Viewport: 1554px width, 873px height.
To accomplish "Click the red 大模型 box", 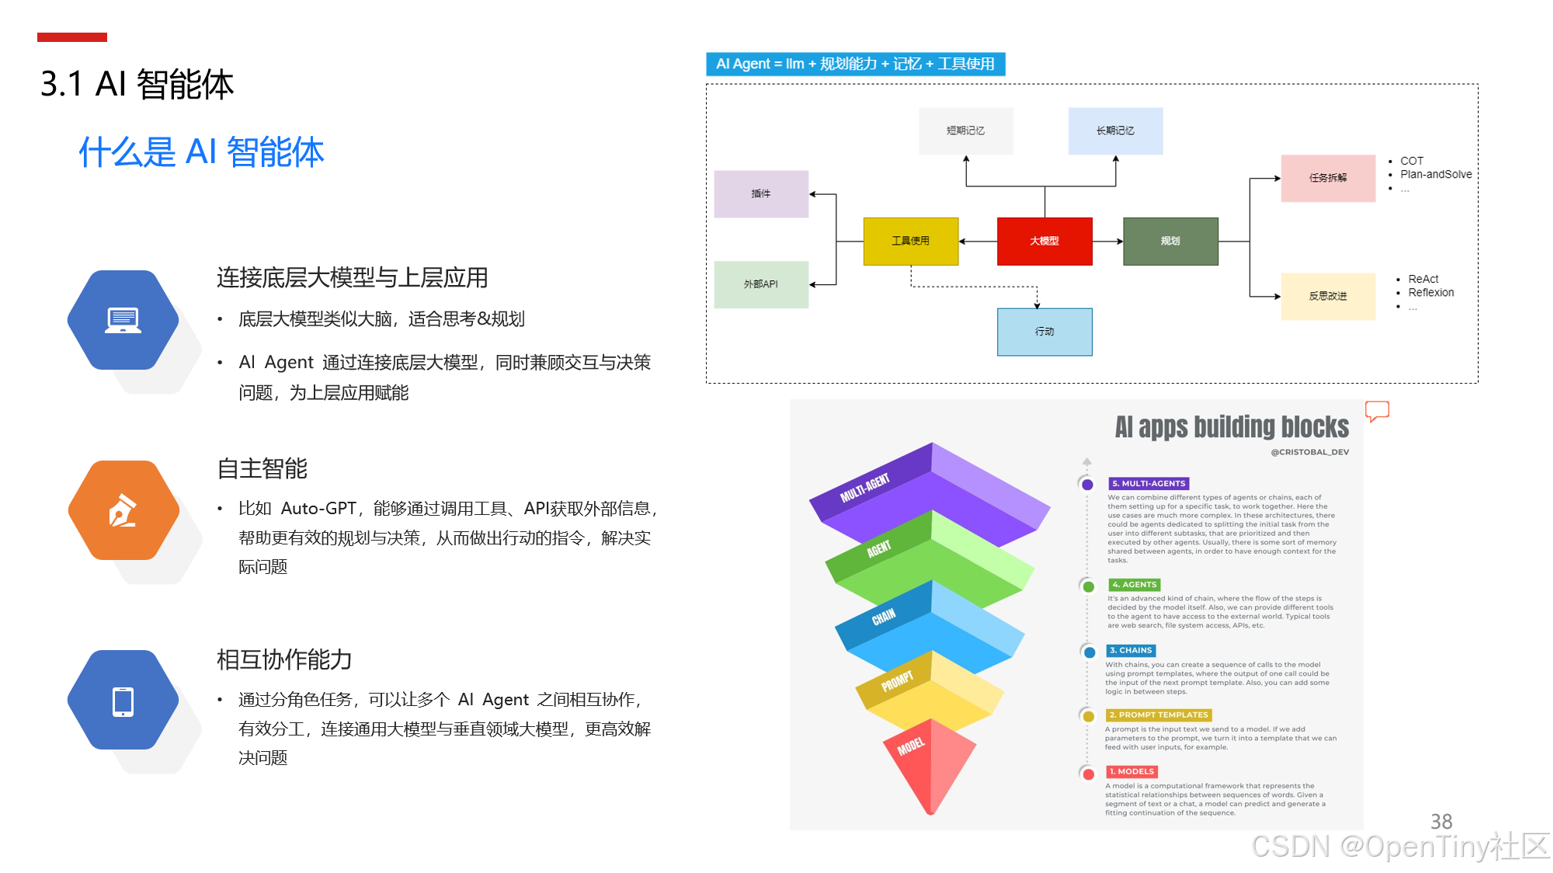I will pos(1045,242).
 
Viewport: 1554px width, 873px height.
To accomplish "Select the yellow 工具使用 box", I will pos(911,242).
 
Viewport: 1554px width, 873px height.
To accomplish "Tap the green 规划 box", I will pos(1170,242).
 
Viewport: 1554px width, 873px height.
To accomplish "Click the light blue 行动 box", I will pos(1045,332).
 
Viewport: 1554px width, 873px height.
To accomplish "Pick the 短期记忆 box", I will pos(965,131).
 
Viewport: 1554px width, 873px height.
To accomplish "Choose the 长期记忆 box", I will pos(1115,131).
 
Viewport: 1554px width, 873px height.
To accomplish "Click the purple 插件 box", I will pos(761,194).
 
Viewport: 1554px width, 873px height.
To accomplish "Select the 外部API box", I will pos(761,284).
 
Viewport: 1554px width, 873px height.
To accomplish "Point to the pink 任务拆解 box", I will pos(1328,178).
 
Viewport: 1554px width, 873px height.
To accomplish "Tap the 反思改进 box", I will pos(1328,296).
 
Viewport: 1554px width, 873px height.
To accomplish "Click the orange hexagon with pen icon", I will pos(123,510).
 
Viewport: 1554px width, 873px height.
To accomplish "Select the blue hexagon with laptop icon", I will pos(123,320).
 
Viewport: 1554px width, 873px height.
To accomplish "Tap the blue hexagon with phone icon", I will pos(123,701).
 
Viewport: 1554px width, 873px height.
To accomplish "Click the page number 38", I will pos(1441,822).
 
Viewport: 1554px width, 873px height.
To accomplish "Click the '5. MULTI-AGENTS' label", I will pos(1149,484).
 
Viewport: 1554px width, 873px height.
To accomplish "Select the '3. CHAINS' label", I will pos(1131,651).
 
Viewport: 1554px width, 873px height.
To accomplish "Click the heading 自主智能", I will pos(262,468).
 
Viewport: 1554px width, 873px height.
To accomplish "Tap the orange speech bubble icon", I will pos(1377,411).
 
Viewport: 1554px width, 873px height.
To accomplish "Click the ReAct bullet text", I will pos(1423,279).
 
